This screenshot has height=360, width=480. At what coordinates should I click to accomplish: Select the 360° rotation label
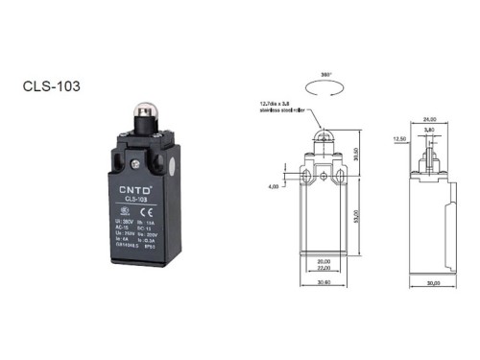[325, 73]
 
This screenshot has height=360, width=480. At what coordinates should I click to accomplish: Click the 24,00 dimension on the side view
[428, 119]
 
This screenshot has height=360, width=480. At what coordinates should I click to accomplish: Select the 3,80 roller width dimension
[429, 130]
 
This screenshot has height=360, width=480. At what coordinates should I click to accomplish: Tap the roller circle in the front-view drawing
[325, 136]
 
